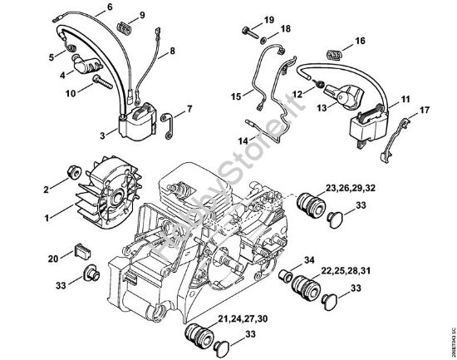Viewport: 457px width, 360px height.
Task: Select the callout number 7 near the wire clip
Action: click(x=189, y=108)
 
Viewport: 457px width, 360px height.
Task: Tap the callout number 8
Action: click(x=173, y=52)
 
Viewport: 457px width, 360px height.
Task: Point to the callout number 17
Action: click(x=424, y=110)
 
